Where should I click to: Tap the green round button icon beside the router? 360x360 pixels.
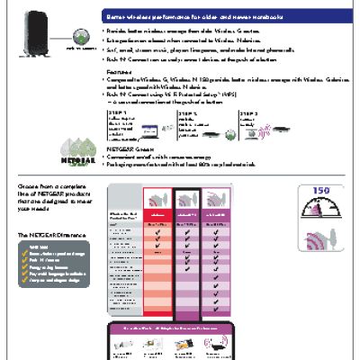(84, 38)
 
